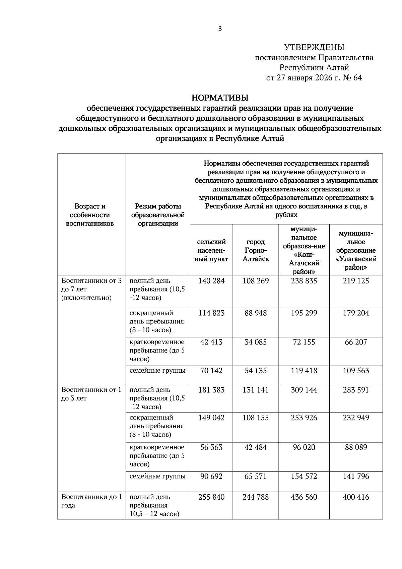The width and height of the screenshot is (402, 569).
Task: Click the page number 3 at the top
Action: pyautogui.click(x=220, y=29)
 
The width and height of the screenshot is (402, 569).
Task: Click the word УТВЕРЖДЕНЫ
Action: pyautogui.click(x=314, y=47)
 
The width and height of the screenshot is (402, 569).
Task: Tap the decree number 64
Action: pyautogui.click(x=357, y=78)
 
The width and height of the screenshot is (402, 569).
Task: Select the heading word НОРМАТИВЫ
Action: pyautogui.click(x=220, y=98)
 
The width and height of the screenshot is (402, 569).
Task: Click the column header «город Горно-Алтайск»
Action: pyautogui.click(x=256, y=250)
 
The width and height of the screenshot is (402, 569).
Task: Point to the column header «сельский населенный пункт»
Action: pyautogui.click(x=211, y=250)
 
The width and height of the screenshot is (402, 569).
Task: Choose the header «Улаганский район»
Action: pyautogui.click(x=356, y=250)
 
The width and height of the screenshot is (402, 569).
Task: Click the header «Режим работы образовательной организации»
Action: pyautogui.click(x=158, y=215)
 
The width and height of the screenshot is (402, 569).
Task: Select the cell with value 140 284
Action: pyautogui.click(x=211, y=281)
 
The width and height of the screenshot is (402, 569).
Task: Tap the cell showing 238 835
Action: pyautogui.click(x=304, y=281)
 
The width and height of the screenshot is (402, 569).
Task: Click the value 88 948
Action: pyautogui.click(x=256, y=313)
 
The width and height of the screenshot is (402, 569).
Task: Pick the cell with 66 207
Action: pyautogui.click(x=356, y=342)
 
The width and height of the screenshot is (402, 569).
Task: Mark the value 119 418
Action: pyautogui.click(x=304, y=371)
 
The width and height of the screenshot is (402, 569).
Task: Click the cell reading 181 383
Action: pyautogui.click(x=211, y=390)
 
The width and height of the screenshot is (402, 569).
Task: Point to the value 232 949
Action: pyautogui.click(x=356, y=418)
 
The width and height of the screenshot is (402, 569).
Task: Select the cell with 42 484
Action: pyautogui.click(x=256, y=447)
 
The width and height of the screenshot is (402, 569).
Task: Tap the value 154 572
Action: pyautogui.click(x=304, y=476)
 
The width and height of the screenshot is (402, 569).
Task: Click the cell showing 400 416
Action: pyautogui.click(x=356, y=497)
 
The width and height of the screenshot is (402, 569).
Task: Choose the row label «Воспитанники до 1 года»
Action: pyautogui.click(x=91, y=501)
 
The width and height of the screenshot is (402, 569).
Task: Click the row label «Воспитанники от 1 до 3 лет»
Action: pyautogui.click(x=91, y=394)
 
